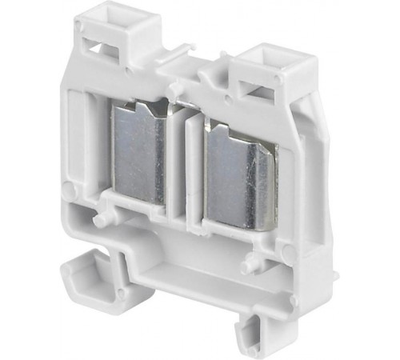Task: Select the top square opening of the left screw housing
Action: (103, 18)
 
